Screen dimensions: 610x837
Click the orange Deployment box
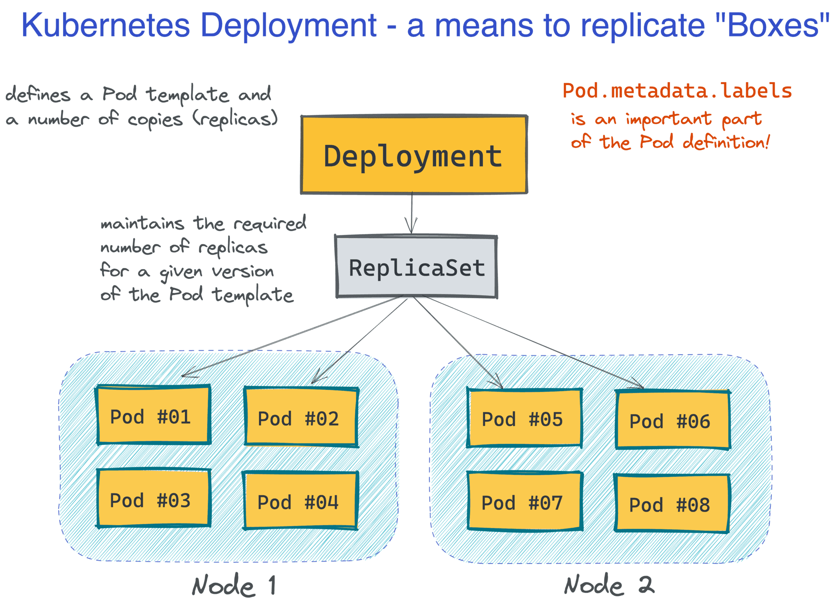tap(413, 155)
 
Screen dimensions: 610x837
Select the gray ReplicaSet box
tap(416, 267)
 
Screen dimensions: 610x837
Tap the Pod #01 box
tap(153, 415)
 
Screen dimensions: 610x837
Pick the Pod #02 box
tap(301, 417)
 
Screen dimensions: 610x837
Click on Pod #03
tap(153, 498)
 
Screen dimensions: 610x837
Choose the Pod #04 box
tap(300, 501)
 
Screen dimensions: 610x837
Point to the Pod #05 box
tap(524, 418)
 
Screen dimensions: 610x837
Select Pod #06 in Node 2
tap(673, 420)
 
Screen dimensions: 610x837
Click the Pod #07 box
tap(524, 502)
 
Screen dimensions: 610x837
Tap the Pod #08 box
tap(672, 504)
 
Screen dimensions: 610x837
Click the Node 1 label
tap(234, 585)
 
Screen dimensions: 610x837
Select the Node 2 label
tap(609, 585)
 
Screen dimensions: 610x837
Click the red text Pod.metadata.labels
tap(677, 91)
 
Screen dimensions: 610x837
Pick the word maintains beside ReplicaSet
tap(142, 224)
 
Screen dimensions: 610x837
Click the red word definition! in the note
tap(726, 142)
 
